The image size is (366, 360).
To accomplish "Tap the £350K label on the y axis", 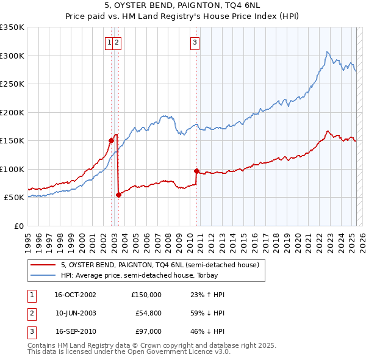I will [12, 27].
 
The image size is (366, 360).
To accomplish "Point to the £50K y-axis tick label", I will [15, 198].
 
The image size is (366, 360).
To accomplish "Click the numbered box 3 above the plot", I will [194, 42].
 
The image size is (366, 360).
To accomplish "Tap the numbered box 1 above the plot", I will [109, 42].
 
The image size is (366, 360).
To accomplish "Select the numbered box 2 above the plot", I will [117, 42].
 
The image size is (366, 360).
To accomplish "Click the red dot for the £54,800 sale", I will [118, 195].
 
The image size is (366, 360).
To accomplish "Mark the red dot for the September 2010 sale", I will [196, 171].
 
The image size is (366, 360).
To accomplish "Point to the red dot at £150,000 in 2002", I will [111, 140].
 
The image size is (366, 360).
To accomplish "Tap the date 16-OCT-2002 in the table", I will [75, 295].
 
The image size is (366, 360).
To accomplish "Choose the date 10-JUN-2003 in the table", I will [75, 313].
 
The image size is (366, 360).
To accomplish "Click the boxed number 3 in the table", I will [31, 331].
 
